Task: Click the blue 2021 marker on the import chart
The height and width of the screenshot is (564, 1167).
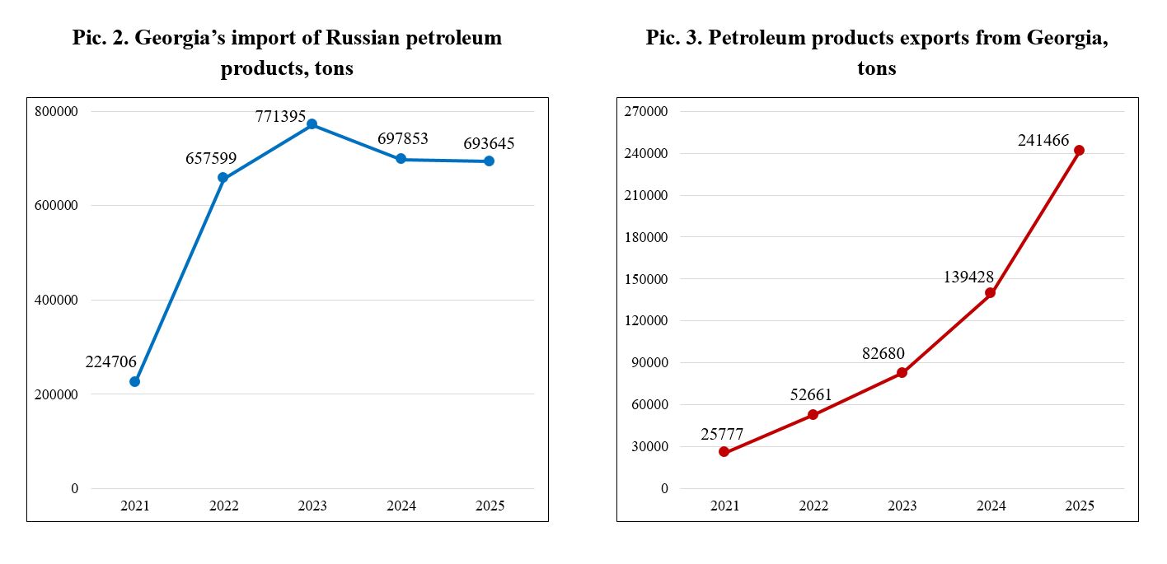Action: click(134, 381)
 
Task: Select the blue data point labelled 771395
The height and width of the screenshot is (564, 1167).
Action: click(312, 124)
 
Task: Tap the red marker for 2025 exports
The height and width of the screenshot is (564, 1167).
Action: click(1079, 151)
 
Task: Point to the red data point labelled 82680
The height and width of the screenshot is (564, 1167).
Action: click(902, 373)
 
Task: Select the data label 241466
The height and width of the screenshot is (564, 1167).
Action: click(1043, 141)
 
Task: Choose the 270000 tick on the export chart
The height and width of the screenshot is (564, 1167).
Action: click(648, 111)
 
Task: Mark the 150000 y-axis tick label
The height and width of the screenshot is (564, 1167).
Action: click(648, 279)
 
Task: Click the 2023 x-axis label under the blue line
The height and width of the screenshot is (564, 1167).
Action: click(312, 506)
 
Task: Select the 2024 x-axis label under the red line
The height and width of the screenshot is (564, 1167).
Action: click(991, 506)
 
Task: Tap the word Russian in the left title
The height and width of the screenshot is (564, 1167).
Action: click(371, 38)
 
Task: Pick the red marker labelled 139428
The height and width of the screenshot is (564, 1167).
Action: click(990, 293)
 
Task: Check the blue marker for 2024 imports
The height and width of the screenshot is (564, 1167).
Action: click(401, 159)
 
